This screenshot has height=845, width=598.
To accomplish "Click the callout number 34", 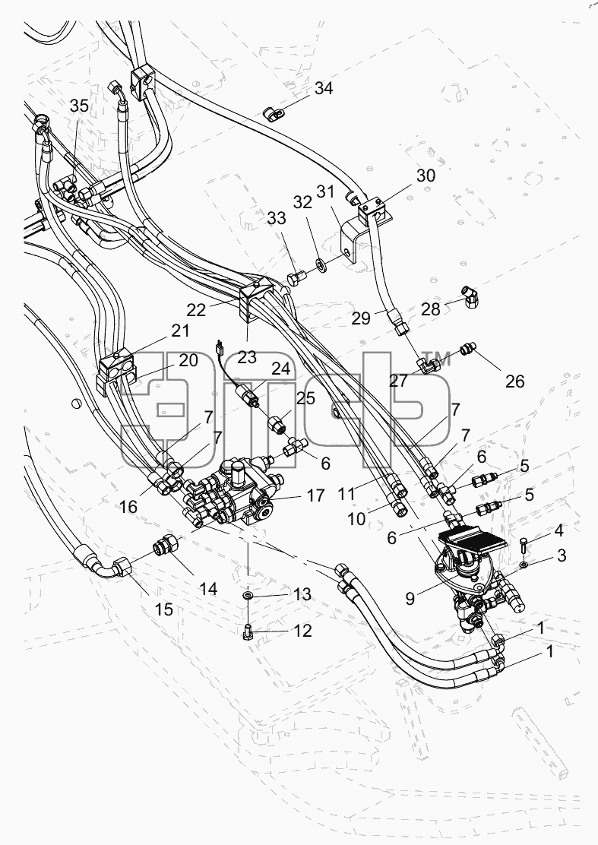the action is (324, 88).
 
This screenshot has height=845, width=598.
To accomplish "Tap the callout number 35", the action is (79, 106).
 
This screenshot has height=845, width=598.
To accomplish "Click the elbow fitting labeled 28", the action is (470, 297).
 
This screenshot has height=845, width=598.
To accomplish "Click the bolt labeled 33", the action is (296, 279).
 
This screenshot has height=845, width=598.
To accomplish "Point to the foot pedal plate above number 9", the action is (480, 540).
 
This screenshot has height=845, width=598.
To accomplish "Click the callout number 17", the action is (316, 495).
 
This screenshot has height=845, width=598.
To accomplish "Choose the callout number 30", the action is (426, 176).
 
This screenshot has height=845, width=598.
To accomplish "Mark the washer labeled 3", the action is (524, 565).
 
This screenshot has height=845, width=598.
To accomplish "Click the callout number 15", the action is (164, 609).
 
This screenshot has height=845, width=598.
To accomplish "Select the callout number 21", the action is (180, 331).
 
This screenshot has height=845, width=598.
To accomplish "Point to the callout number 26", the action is (515, 381).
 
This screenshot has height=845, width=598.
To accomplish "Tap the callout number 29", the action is (361, 318).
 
